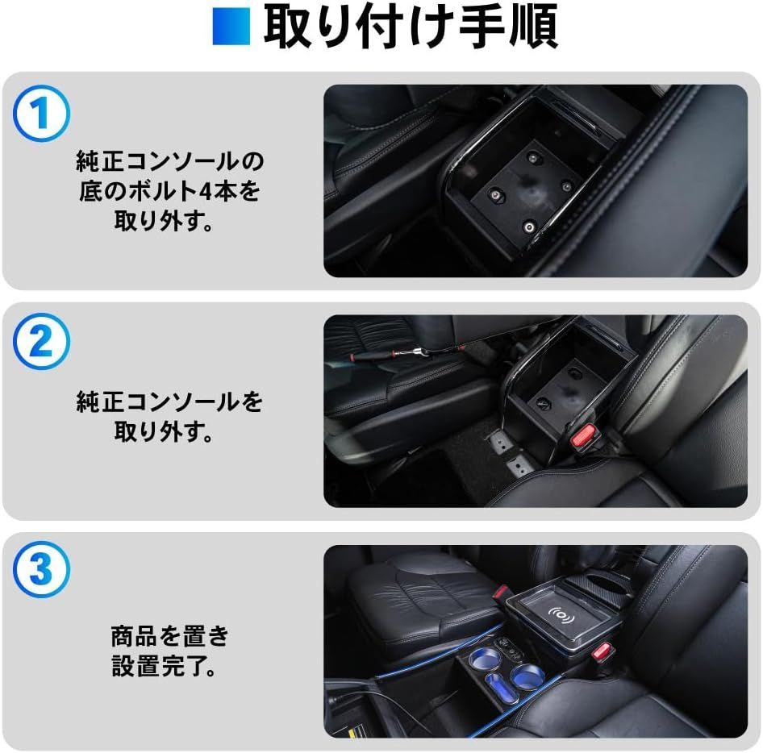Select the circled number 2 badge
pos(42,343)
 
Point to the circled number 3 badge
pos(42,568)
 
